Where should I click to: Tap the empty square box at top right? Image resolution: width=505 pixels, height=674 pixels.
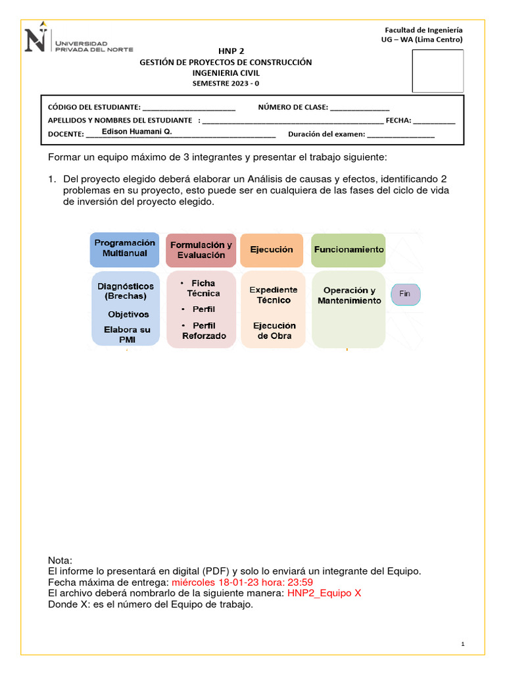(437, 71)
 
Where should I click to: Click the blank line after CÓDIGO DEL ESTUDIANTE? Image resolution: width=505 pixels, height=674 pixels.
(189, 107)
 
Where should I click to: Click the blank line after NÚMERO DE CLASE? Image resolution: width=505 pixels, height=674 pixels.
(359, 107)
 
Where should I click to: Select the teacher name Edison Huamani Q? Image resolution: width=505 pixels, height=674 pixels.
(137, 132)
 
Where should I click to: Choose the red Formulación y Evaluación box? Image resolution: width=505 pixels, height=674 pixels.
(201, 250)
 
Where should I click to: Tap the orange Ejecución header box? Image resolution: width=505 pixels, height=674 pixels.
(271, 250)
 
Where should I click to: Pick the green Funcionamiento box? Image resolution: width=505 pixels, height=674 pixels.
(349, 250)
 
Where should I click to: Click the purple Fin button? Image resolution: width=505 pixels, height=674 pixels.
(405, 294)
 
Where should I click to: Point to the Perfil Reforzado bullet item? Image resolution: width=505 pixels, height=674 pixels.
(203, 331)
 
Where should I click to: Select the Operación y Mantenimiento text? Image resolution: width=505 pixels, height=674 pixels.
(349, 296)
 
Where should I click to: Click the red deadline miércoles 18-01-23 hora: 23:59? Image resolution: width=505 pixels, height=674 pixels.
(242, 583)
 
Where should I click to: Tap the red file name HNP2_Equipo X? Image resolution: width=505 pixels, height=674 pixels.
(324, 593)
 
